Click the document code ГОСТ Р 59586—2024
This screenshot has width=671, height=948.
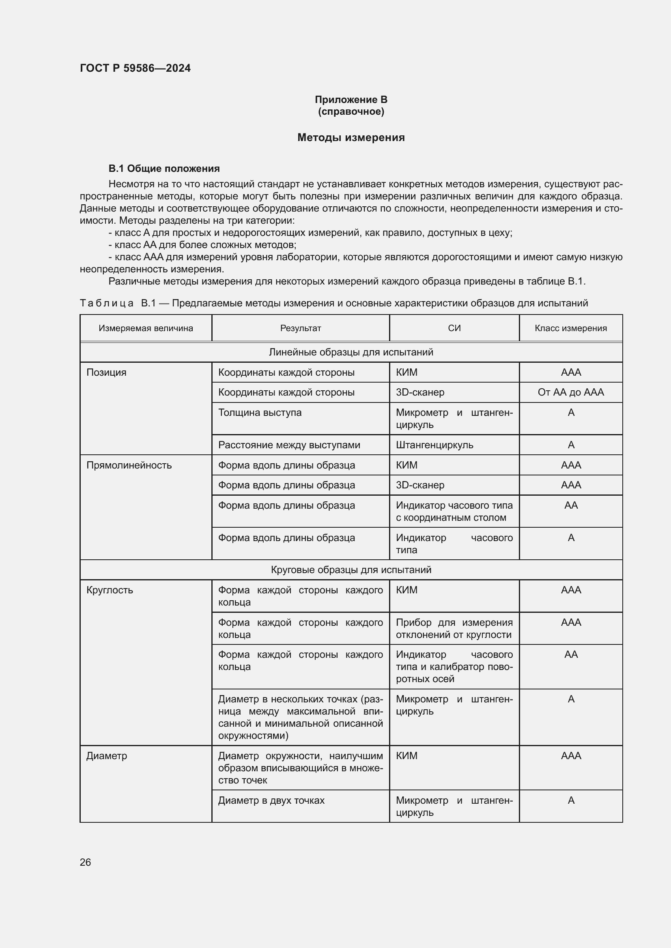pyautogui.click(x=135, y=68)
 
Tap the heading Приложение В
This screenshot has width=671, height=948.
pyautogui.click(x=351, y=100)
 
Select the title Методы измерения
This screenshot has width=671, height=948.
pyautogui.click(x=351, y=137)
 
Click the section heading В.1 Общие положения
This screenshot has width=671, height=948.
pyautogui.click(x=164, y=169)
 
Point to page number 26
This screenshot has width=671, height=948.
pyautogui.click(x=85, y=862)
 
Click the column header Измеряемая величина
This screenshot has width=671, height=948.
pyautogui.click(x=146, y=328)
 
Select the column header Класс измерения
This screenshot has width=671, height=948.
pyautogui.click(x=571, y=328)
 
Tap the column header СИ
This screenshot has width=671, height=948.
pyautogui.click(x=454, y=328)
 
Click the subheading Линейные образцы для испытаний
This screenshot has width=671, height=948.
pyautogui.click(x=351, y=352)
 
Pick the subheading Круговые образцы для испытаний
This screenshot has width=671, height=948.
pyautogui.click(x=351, y=570)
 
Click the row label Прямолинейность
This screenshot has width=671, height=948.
pyautogui.click(x=129, y=465)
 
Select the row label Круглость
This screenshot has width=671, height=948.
pyautogui.click(x=110, y=590)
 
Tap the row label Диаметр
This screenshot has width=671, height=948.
pyautogui.click(x=107, y=756)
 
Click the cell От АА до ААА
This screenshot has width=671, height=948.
pyautogui.click(x=571, y=392)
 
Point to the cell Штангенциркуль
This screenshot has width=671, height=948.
pyautogui.click(x=434, y=445)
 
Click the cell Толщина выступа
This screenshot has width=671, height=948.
pyautogui.click(x=260, y=413)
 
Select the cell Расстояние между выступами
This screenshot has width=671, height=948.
pyautogui.click(x=289, y=445)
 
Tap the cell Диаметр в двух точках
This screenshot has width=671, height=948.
pyautogui.click(x=271, y=800)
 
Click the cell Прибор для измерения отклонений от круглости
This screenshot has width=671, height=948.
pyautogui.click(x=454, y=629)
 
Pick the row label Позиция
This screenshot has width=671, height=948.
pyautogui.click(x=106, y=372)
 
